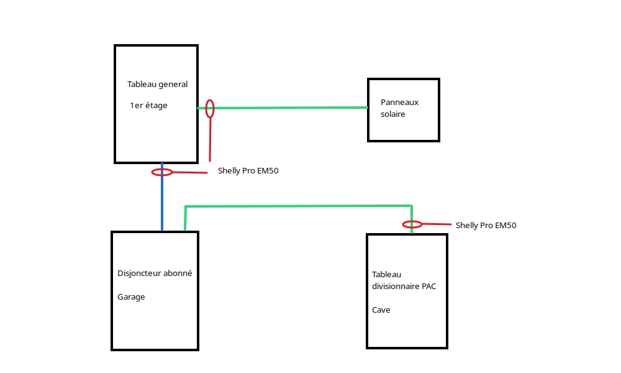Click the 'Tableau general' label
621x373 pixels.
pos(157,84)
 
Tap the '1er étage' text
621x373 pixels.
pos(148,106)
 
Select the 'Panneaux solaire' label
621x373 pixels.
pos(399,108)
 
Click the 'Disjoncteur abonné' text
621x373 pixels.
pos(155,273)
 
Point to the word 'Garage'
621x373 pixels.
pos(131,297)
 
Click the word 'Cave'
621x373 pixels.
pos(381,310)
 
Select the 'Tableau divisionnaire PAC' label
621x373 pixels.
pos(404,280)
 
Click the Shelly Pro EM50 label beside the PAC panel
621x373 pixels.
pos(486,225)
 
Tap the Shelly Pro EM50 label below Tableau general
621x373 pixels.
pos(248,170)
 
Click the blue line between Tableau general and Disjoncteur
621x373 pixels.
pos(162,196)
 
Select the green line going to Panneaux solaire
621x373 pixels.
pos(283,108)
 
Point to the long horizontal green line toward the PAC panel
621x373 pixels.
pos(299,206)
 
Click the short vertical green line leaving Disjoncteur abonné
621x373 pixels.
pos(185,218)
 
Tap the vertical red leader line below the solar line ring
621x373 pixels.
pos(210,139)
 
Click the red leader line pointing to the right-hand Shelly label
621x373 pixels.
pos(437,224)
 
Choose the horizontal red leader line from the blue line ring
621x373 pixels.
pos(190,172)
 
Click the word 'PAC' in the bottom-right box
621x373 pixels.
pos(429,286)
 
